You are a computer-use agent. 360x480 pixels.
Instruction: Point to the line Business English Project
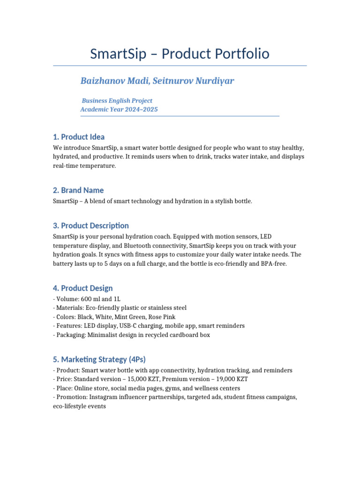point(117,100)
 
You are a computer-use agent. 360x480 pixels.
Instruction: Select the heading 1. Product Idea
point(79,137)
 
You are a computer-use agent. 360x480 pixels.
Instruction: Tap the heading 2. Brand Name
point(78,190)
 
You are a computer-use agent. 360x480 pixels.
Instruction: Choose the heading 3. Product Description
point(91,225)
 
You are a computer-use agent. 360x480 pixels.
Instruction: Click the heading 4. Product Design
point(83,288)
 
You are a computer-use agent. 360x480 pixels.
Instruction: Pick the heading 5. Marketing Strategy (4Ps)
point(99,360)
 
